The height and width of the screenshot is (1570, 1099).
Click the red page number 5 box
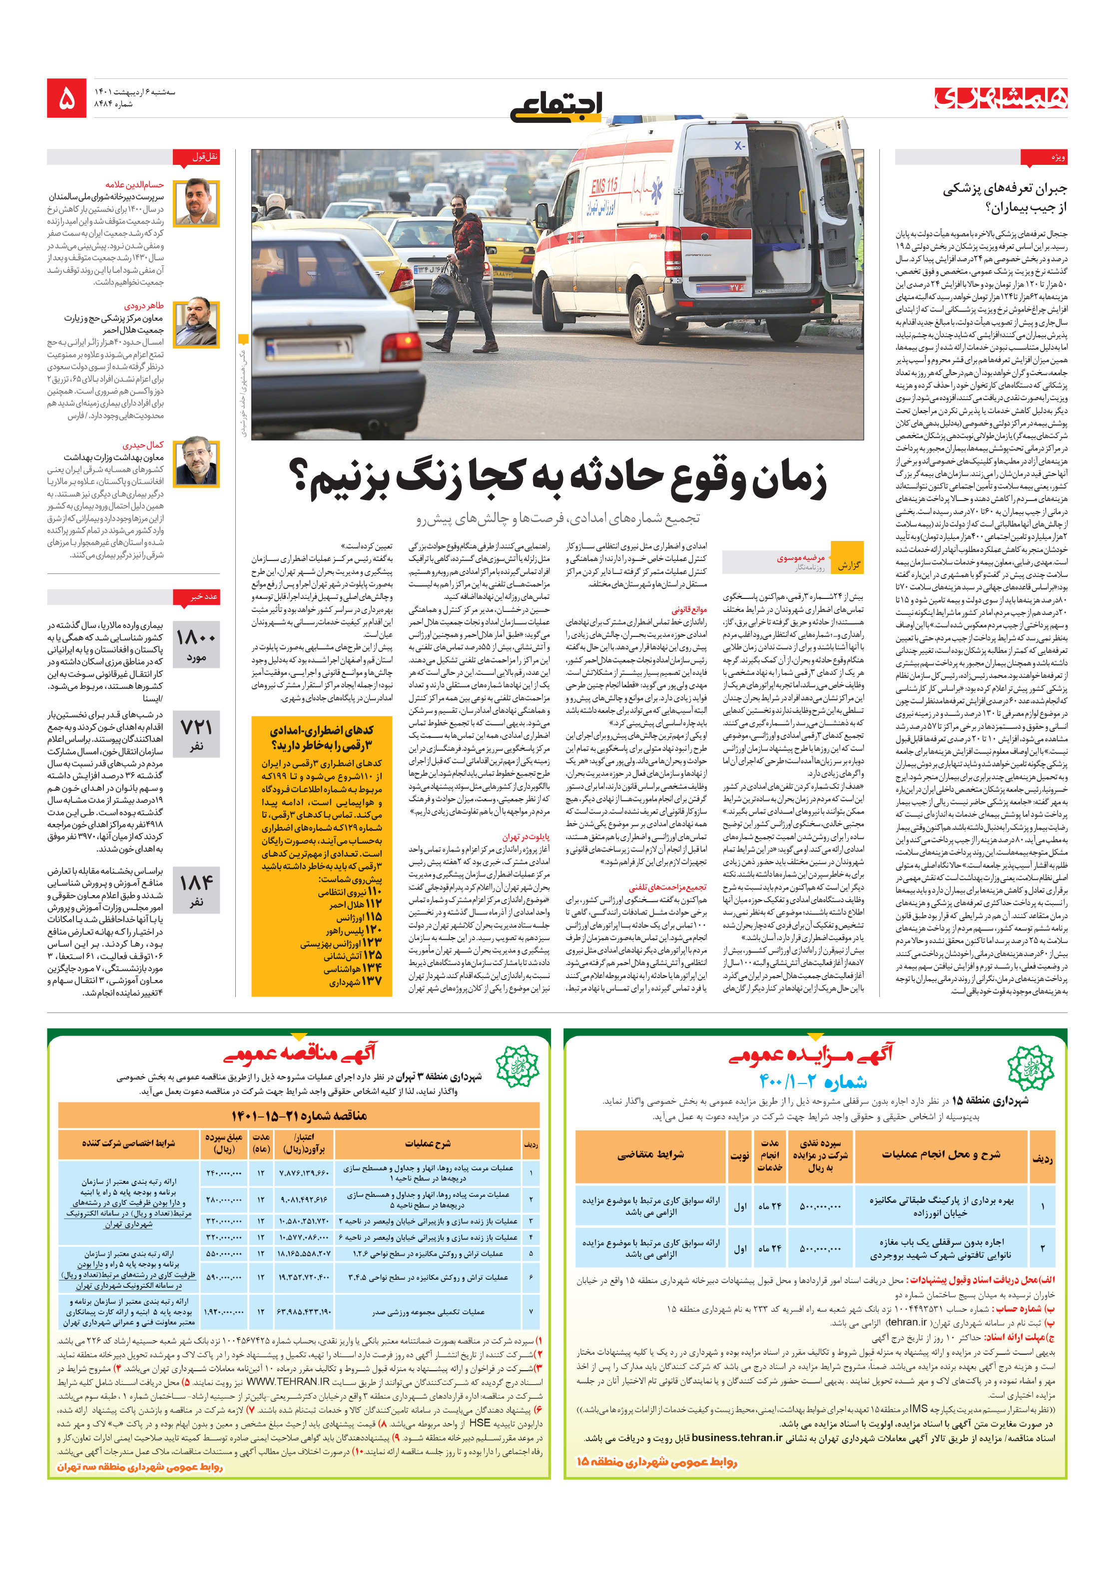[66, 98]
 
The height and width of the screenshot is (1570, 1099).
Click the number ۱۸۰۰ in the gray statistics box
[196, 638]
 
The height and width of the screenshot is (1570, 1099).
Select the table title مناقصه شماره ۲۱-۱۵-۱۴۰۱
[299, 1116]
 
